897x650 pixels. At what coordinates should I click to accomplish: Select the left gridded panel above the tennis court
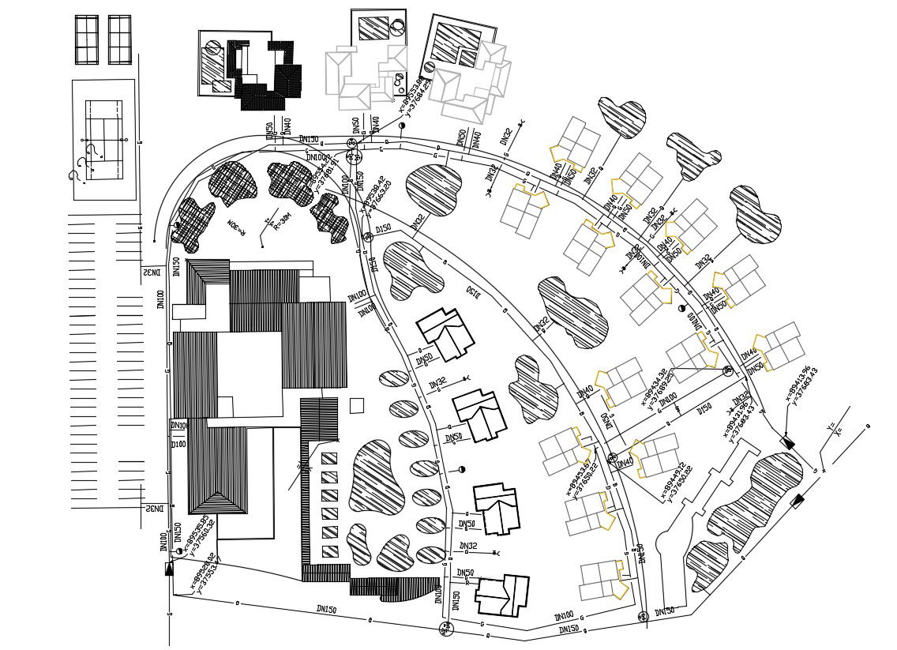[x=86, y=39]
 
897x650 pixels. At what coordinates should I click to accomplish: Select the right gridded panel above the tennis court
[x=119, y=39]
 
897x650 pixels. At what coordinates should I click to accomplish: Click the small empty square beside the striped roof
[x=357, y=405]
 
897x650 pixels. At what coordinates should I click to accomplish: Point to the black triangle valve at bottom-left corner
[x=169, y=569]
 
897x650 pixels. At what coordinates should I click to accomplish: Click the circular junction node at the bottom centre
[x=446, y=629]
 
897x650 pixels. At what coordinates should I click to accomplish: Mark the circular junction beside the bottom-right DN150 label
[x=643, y=616]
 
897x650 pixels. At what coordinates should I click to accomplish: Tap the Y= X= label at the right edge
[x=834, y=430]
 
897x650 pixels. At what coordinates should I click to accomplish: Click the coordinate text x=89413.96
[x=798, y=384]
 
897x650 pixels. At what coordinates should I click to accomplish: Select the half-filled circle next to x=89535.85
[x=180, y=551]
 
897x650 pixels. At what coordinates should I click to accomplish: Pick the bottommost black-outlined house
[x=502, y=594]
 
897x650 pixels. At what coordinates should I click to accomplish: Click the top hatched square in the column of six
[x=329, y=459]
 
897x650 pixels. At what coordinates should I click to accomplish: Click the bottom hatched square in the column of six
[x=329, y=551]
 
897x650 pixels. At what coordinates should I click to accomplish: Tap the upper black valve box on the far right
[x=787, y=442]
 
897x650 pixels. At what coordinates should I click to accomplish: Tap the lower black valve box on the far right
[x=798, y=501]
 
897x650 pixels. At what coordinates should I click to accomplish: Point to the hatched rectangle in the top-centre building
[x=373, y=28]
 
